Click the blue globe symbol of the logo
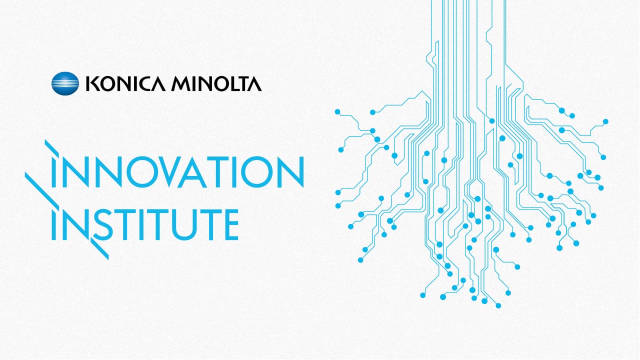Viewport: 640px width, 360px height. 65,83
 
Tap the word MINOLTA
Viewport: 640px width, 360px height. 216,83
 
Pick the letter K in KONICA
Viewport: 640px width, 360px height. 91,83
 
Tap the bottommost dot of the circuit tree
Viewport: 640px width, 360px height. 498,305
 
